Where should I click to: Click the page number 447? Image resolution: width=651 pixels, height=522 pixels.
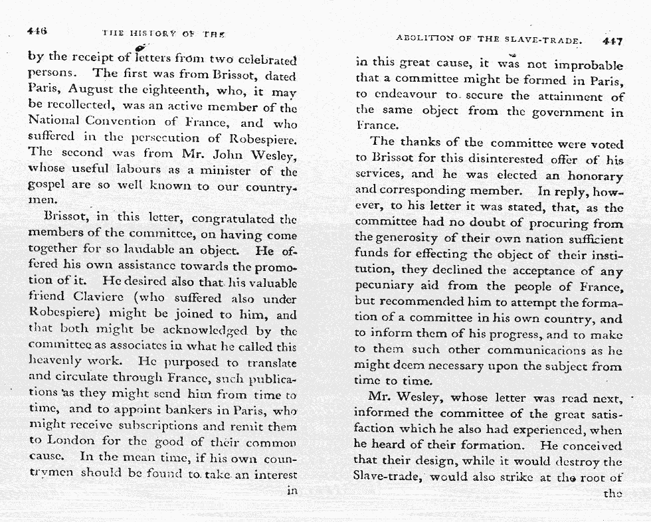point(612,41)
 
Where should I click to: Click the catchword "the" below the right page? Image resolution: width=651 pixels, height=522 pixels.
point(612,493)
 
